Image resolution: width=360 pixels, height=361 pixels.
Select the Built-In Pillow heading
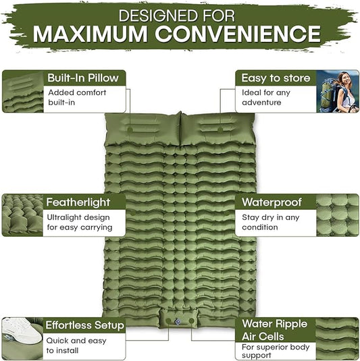82,77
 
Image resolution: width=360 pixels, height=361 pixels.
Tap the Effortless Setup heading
84,325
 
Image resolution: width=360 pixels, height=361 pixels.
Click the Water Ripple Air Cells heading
275,330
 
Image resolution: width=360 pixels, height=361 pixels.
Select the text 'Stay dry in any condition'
271,222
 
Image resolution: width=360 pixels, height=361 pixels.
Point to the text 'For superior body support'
276,351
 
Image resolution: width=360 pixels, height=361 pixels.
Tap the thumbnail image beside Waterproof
337,215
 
